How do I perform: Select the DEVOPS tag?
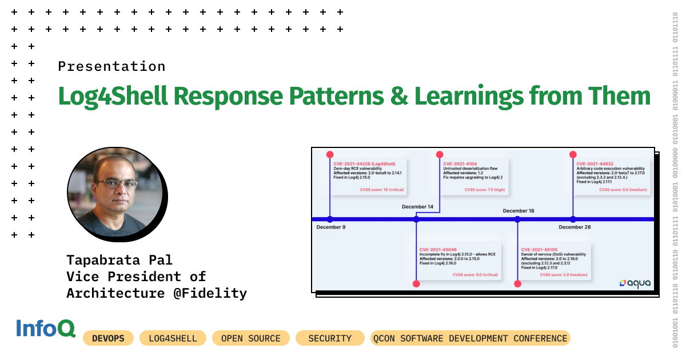pyautogui.click(x=108, y=338)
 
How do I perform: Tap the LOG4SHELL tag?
pyautogui.click(x=173, y=338)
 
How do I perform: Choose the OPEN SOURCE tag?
pyautogui.click(x=250, y=338)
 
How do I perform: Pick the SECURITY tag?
pyautogui.click(x=330, y=338)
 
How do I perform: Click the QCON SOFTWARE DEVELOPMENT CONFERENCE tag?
pyautogui.click(x=470, y=338)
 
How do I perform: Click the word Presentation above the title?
pyautogui.click(x=111, y=66)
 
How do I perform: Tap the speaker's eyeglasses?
pyautogui.click(x=117, y=184)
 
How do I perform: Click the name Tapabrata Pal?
pyautogui.click(x=119, y=260)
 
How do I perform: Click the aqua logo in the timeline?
pyautogui.click(x=635, y=283)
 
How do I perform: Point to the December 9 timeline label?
pyautogui.click(x=331, y=227)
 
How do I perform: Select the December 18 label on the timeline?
pyautogui.click(x=518, y=211)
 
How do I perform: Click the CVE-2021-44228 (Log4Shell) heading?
pyautogui.click(x=364, y=164)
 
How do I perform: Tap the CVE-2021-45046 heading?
pyautogui.click(x=438, y=250)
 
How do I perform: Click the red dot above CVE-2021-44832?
pyautogui.click(x=573, y=154)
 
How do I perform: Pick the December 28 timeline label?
pyautogui.click(x=575, y=227)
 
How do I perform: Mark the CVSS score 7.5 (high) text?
pyautogui.click(x=484, y=189)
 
